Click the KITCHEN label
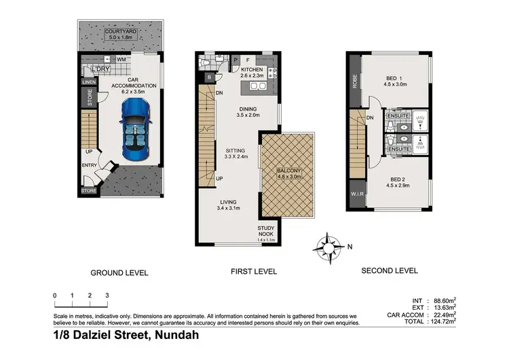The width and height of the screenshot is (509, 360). pos(252,70)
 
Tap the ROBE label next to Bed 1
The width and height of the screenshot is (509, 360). pos(354,82)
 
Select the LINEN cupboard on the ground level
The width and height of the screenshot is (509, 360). pos(89,82)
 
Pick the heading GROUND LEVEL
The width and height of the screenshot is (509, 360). pos(119,273)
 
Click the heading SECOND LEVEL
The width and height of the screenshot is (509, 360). pos(389,270)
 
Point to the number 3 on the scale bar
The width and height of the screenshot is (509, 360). pos(107,295)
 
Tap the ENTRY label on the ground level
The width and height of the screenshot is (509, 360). pos(89,165)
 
